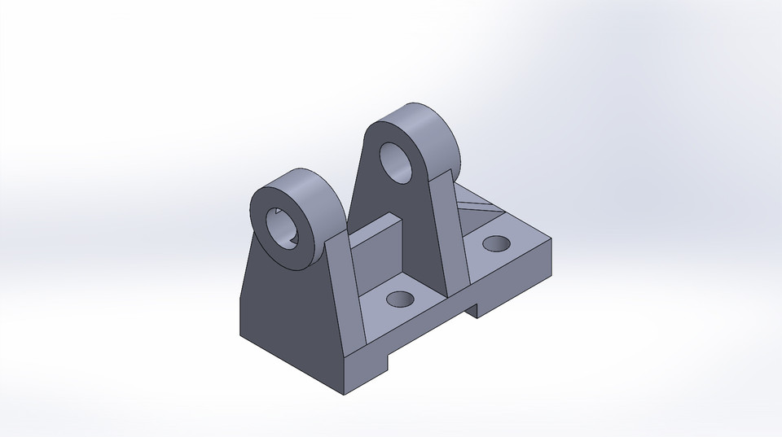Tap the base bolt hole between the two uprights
coord(399,299)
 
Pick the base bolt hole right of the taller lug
coord(494,243)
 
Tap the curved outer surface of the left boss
coord(318,195)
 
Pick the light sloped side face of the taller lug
coord(448,228)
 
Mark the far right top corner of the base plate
coord(551,238)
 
